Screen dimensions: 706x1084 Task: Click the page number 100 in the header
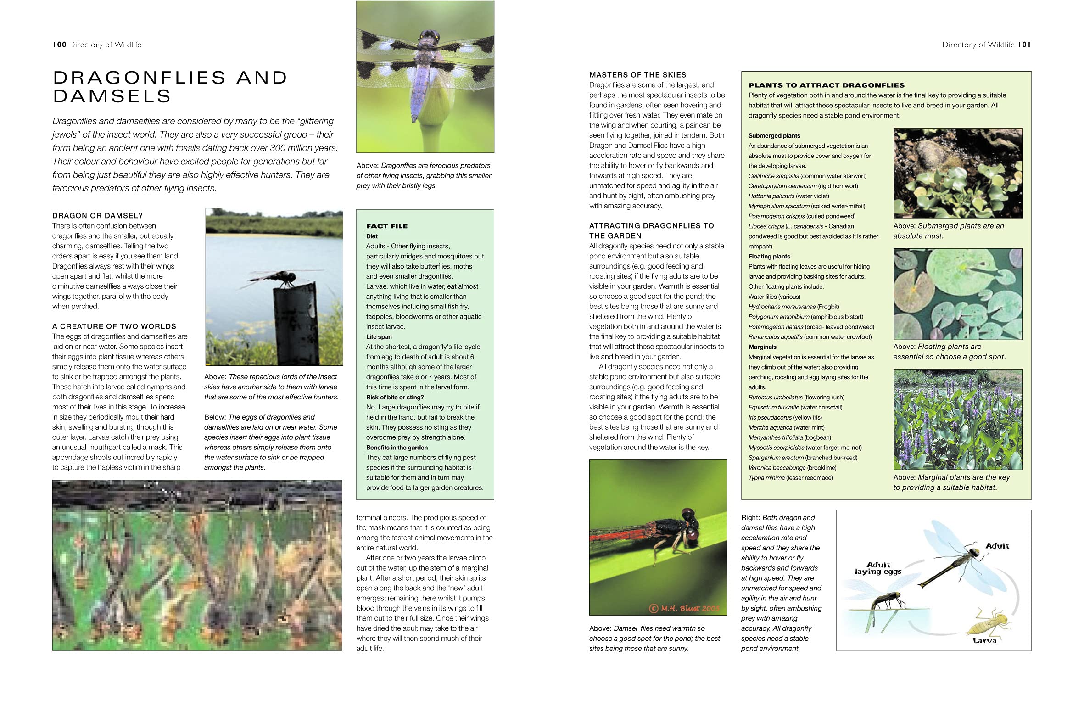point(60,45)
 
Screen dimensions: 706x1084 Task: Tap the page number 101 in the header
point(1024,45)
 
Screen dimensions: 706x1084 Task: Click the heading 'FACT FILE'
point(386,226)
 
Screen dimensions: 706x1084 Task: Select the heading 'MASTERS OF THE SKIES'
point(637,75)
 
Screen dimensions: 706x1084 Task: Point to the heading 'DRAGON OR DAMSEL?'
point(97,216)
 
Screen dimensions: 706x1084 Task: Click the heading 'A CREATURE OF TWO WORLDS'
point(114,326)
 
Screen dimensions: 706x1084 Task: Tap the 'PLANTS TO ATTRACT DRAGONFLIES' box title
point(826,85)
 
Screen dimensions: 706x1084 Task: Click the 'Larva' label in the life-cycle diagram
point(984,640)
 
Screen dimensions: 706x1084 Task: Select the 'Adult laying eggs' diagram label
point(877,568)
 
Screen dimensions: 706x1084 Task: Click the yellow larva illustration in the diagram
point(984,621)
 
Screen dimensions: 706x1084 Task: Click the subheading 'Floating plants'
point(769,257)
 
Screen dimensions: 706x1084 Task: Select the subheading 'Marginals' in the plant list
point(762,347)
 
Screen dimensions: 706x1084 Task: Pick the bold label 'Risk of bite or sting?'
point(395,397)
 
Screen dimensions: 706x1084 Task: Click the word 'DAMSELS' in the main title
point(112,96)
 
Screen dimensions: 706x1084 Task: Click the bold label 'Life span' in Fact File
point(379,337)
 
